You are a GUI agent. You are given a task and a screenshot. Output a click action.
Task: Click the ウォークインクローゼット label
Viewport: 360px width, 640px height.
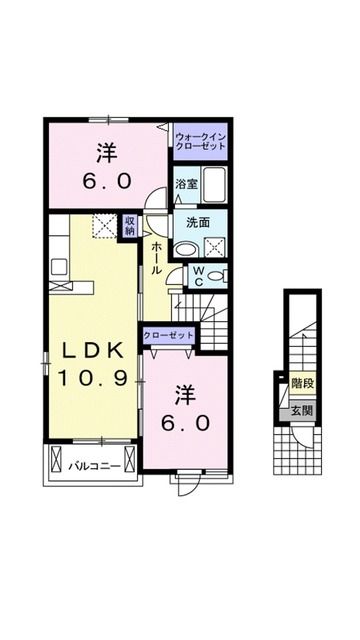point(200,140)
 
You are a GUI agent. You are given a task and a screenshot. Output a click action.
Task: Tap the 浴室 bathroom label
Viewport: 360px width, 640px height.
point(185,184)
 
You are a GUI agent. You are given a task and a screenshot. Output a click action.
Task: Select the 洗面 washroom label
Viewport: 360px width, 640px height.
point(197,223)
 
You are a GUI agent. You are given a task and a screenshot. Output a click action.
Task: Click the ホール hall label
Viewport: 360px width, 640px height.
point(158,257)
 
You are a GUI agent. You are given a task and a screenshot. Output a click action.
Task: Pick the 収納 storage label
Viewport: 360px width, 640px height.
point(130,225)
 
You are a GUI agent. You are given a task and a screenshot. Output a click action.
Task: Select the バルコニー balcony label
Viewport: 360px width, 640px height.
point(95,465)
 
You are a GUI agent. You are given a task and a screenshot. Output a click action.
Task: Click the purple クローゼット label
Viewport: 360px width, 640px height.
point(168,336)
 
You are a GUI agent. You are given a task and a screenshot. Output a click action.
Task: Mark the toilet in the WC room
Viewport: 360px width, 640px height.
point(220,273)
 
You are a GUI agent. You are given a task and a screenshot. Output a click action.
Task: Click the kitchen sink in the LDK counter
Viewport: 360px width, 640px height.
point(58,266)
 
